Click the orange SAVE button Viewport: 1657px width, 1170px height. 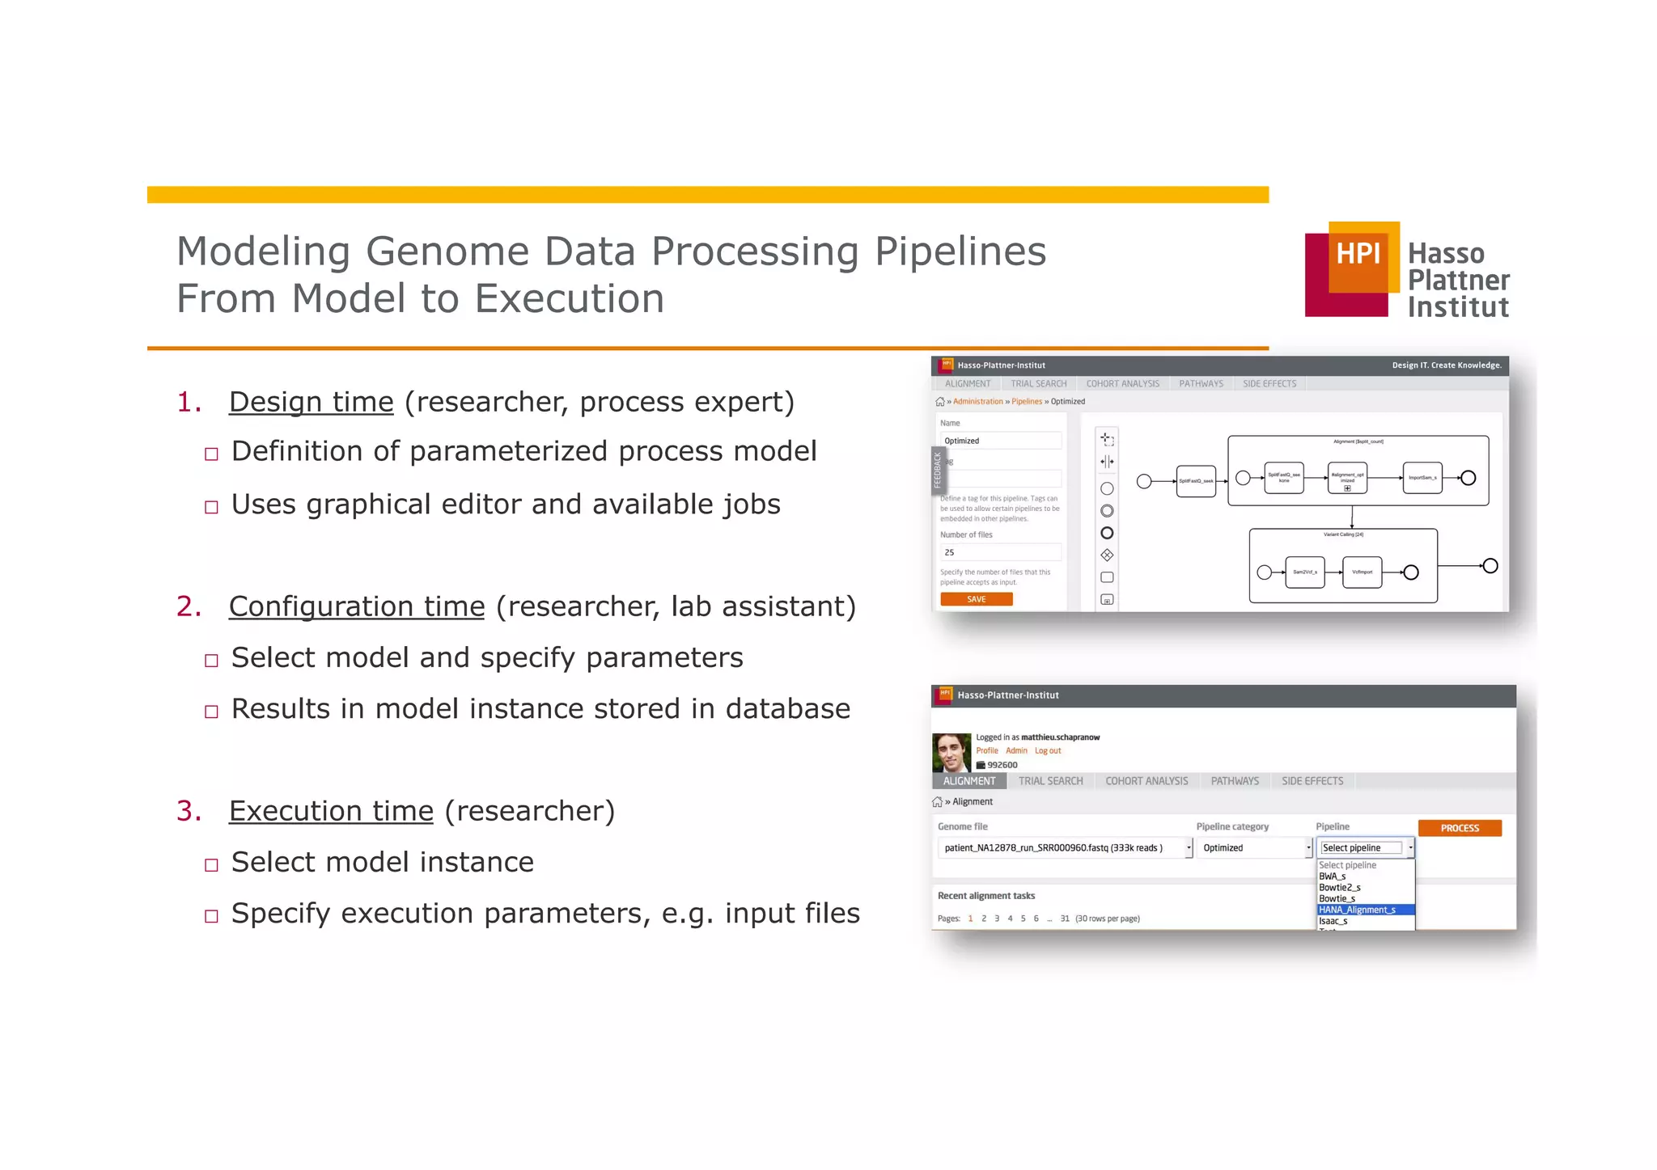pos(976,599)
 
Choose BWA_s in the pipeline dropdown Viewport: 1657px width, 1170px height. pos(1333,876)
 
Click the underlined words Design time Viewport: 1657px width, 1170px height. pos(311,402)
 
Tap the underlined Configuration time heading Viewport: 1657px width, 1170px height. pos(357,606)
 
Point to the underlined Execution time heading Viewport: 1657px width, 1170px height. pos(331,811)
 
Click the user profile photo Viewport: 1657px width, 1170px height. pos(951,753)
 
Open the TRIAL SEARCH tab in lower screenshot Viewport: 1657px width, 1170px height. pos(1050,781)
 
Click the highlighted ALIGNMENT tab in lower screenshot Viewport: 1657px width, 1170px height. pos(969,781)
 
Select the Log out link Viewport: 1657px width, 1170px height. pos(1048,751)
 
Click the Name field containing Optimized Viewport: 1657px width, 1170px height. pos(1001,441)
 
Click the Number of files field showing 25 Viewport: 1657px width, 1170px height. pos(1001,552)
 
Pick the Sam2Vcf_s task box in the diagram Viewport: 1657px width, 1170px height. pos(1304,572)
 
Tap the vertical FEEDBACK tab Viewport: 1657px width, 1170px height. pos(938,471)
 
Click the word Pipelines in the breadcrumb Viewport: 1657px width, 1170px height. pos(1027,402)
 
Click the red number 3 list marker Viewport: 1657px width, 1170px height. pos(187,811)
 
